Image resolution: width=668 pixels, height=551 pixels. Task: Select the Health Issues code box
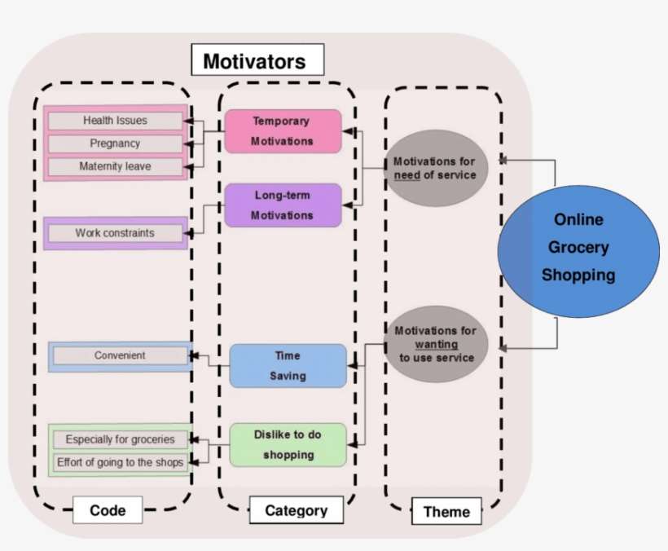[115, 121]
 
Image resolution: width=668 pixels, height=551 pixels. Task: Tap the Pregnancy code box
[115, 143]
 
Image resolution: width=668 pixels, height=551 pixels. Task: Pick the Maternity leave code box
[115, 166]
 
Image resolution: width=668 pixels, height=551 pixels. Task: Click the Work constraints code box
[115, 233]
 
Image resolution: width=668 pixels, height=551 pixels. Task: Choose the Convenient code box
[120, 355]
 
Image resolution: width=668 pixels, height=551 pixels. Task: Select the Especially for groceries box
[120, 439]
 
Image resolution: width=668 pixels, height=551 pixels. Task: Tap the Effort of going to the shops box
[120, 462]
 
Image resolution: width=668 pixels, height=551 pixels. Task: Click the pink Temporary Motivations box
[282, 130]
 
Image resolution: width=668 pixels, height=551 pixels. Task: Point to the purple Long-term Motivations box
[282, 205]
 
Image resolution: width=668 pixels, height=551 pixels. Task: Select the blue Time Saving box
[288, 365]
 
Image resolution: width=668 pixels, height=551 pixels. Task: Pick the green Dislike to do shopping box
[288, 444]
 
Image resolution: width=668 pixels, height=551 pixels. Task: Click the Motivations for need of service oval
[434, 168]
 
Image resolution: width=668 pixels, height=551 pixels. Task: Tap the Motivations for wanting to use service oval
[436, 344]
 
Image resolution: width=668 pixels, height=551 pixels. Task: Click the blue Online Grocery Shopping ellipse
[578, 247]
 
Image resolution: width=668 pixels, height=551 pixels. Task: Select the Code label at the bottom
[108, 510]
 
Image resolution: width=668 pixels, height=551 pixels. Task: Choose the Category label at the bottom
[296, 510]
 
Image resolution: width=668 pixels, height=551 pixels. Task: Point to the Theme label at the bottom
[446, 512]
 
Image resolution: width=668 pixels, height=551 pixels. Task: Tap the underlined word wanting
[436, 345]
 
